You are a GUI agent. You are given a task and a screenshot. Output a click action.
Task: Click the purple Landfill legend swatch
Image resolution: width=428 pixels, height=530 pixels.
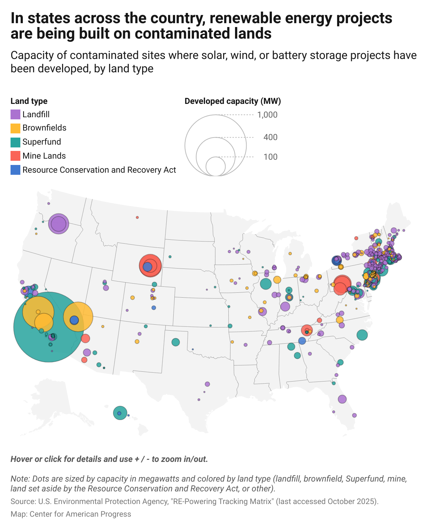click(x=15, y=114)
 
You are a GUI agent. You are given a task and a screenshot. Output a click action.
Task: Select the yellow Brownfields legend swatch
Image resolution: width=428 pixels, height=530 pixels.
click(x=15, y=128)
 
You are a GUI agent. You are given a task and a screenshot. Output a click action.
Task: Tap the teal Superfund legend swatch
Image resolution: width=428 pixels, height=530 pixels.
click(x=15, y=142)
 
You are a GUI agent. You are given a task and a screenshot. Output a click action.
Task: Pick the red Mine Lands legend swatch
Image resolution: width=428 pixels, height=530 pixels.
click(x=15, y=156)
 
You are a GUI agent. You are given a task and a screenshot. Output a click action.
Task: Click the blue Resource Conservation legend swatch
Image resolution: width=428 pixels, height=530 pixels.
click(x=15, y=170)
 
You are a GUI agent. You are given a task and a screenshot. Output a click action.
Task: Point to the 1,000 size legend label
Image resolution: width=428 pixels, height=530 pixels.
click(x=267, y=115)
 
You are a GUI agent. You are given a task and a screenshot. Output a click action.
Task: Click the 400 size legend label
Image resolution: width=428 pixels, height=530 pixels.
click(x=270, y=137)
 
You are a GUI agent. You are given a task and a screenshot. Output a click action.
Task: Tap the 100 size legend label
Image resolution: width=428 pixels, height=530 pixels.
click(x=270, y=157)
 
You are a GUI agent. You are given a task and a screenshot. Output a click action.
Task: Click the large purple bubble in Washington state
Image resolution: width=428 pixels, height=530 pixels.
click(x=59, y=224)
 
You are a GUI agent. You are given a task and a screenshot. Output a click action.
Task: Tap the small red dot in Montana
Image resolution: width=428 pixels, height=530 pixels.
click(x=137, y=217)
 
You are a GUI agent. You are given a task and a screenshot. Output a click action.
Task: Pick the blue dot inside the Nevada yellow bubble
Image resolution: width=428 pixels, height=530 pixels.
click(x=74, y=320)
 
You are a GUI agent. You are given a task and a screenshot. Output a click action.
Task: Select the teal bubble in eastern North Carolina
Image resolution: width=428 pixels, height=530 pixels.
click(x=362, y=335)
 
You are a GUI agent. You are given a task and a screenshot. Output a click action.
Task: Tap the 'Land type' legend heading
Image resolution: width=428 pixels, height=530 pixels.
click(x=29, y=101)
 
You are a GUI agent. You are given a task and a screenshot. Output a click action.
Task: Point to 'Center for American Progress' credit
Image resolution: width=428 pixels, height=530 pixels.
click(x=80, y=514)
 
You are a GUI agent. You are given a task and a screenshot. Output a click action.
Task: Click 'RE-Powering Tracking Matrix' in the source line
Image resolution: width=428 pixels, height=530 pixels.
click(x=221, y=501)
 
